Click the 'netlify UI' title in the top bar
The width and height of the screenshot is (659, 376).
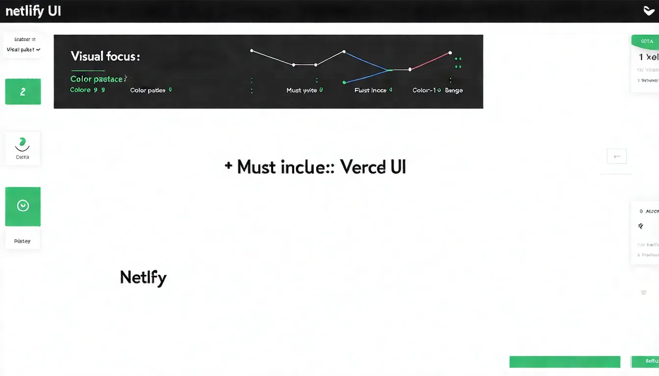coord(33,11)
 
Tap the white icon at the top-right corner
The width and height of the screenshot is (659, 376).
coord(648,11)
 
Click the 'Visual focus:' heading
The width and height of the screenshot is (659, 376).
coord(105,56)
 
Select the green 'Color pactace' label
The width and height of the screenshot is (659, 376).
coord(97,79)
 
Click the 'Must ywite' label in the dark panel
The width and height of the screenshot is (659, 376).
coord(302,91)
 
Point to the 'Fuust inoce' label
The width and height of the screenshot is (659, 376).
coord(370,91)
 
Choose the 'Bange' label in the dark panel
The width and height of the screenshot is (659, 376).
coord(454,91)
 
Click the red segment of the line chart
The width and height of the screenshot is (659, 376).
coord(431,61)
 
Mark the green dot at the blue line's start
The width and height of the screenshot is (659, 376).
coord(344,82)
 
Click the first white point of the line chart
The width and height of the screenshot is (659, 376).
coord(252,50)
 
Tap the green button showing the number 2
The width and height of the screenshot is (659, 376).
coord(23,92)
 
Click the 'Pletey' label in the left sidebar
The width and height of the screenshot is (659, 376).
coord(23,241)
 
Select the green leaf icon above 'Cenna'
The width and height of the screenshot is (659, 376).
coord(22,142)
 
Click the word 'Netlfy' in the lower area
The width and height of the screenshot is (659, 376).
coord(143,278)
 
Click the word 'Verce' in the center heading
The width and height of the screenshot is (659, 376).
coord(362,167)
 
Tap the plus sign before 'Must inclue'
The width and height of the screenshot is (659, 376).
coord(228,166)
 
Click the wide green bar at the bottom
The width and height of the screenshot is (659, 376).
coord(565,361)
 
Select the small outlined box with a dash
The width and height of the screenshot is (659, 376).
coord(617,156)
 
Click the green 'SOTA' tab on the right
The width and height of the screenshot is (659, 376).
coord(646,41)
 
